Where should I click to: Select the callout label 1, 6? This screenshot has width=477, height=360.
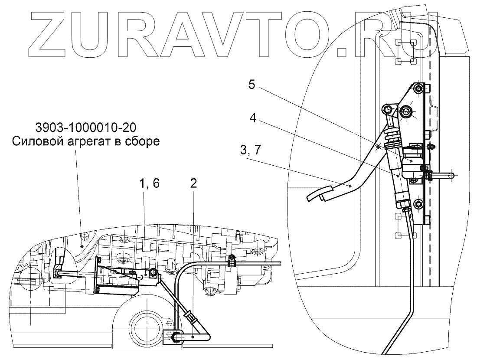tap(150, 184)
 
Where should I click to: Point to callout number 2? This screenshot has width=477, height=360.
tap(193, 184)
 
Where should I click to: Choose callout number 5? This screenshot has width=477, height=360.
tap(252, 85)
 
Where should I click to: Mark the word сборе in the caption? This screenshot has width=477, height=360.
tap(144, 141)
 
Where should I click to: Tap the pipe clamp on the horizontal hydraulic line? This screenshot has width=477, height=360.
tap(231, 261)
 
